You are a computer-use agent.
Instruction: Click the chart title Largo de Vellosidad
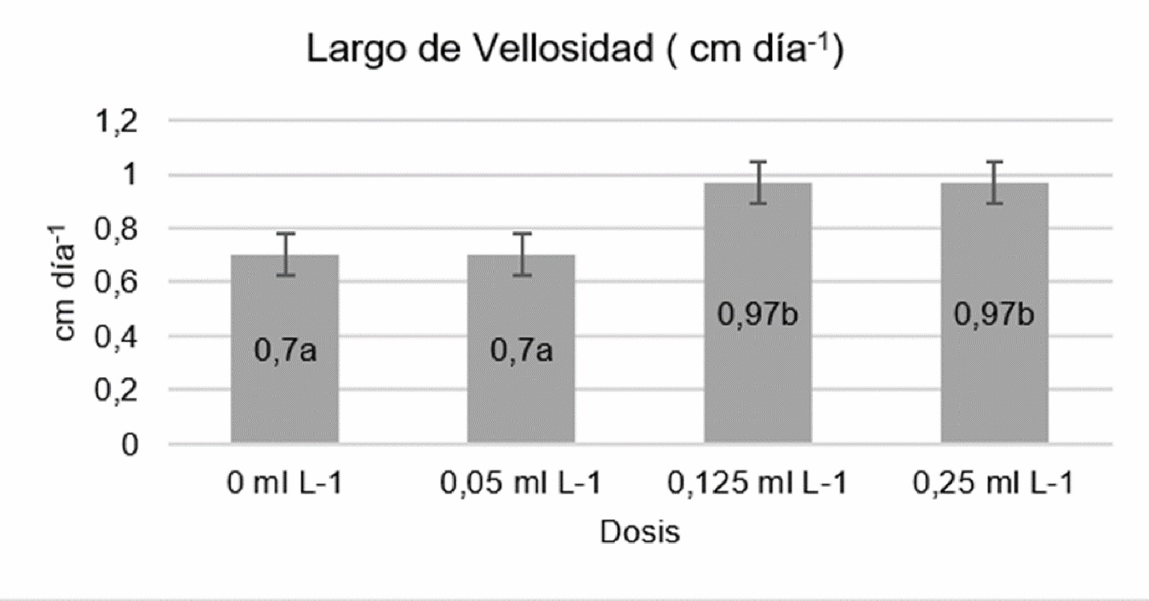(574, 52)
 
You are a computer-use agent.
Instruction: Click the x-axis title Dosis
(640, 533)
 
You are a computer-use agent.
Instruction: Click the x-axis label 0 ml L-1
(284, 484)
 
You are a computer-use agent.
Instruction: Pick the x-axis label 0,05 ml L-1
(521, 484)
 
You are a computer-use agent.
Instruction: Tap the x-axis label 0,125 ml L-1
(757, 484)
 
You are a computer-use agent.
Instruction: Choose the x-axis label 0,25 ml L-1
(994, 484)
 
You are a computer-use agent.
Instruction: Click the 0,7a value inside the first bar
(284, 350)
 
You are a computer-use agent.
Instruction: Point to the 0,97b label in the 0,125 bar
(757, 315)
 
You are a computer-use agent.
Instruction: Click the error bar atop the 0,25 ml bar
(994, 182)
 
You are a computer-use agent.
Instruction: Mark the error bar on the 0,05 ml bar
(521, 254)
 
